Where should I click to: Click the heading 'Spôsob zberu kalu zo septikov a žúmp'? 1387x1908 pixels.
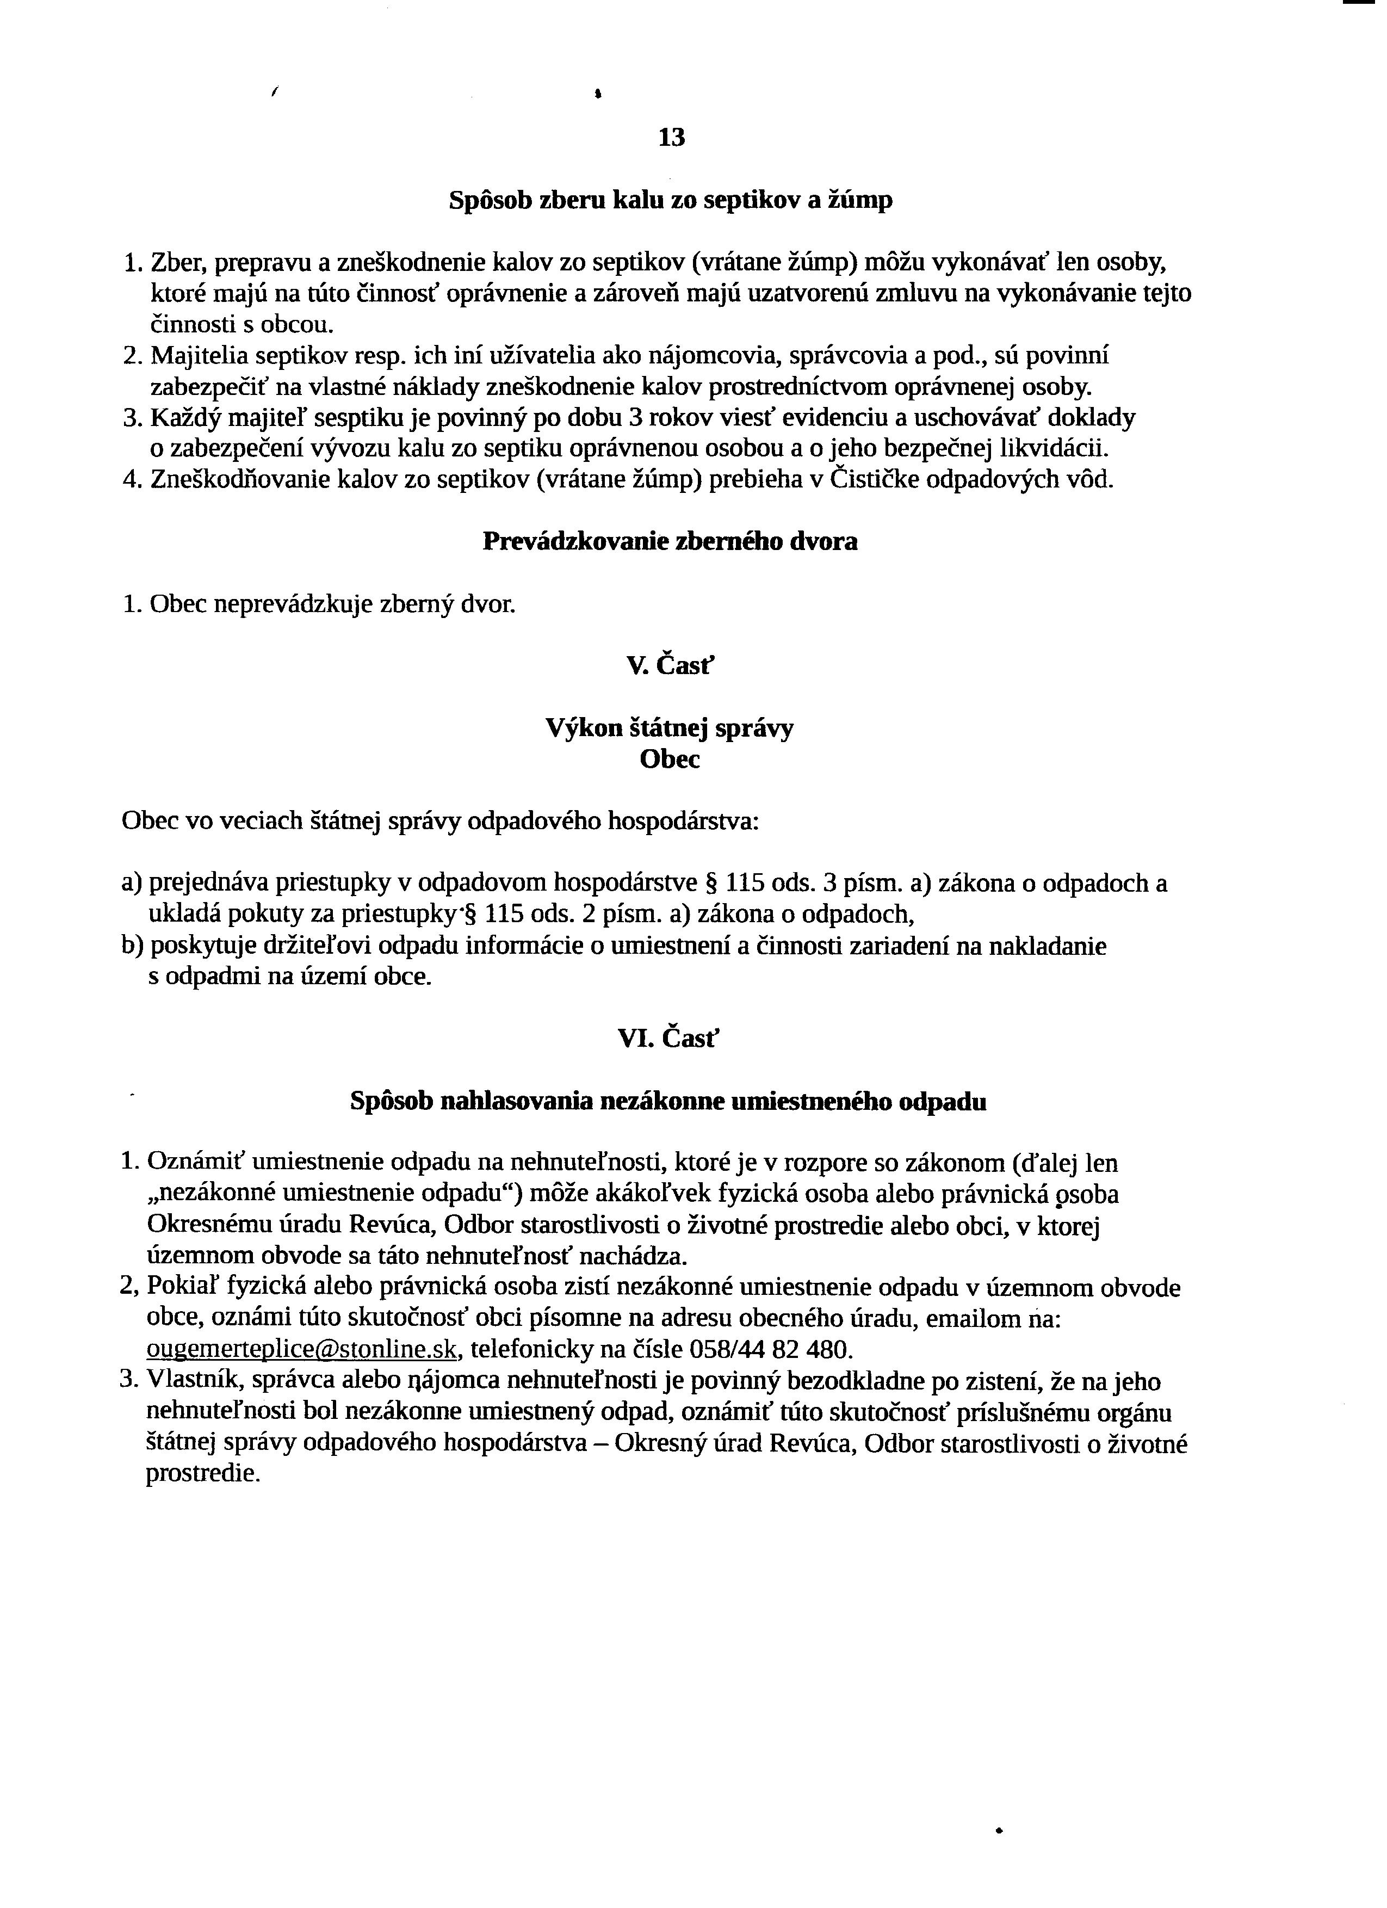click(x=670, y=201)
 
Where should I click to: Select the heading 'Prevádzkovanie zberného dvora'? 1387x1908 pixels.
click(x=670, y=542)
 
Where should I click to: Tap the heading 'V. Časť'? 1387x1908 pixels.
click(x=670, y=665)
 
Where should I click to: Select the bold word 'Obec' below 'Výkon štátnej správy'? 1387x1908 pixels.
click(x=670, y=759)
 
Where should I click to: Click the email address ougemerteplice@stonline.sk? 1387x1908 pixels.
click(x=302, y=1349)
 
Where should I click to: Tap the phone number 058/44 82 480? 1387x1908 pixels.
click(x=770, y=1349)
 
